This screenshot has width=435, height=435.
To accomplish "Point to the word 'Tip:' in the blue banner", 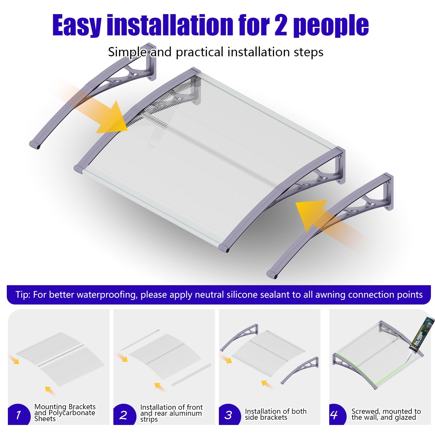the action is (23, 295).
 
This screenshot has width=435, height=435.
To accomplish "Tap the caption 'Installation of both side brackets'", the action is (276, 414).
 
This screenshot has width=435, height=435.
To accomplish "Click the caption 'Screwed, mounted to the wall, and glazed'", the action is (386, 414).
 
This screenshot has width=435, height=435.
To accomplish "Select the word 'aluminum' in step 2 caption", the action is (186, 413).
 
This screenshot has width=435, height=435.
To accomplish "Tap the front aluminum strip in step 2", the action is (191, 375).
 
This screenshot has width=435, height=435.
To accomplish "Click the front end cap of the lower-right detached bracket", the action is (272, 274).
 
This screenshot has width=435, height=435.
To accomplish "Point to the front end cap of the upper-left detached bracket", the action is (35, 144).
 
